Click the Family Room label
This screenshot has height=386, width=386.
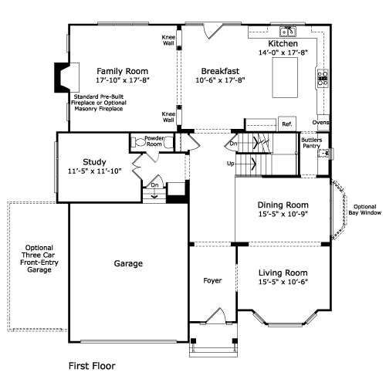click(x=123, y=71)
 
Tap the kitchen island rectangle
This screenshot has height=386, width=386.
click(x=285, y=77)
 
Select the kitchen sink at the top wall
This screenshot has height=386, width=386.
click(x=288, y=32)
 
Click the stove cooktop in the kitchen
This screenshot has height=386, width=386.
click(x=323, y=78)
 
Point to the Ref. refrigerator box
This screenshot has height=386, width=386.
click(x=287, y=124)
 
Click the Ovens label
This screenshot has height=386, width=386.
click(x=320, y=122)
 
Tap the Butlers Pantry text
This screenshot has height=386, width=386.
click(x=312, y=143)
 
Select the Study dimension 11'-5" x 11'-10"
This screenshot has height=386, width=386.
click(x=95, y=171)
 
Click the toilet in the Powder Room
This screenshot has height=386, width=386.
click(x=138, y=142)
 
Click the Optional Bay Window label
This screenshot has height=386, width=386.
click(x=365, y=210)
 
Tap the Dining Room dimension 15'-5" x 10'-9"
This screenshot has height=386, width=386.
click(x=283, y=214)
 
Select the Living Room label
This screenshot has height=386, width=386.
click(x=283, y=273)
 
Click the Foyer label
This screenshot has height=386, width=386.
click(x=212, y=280)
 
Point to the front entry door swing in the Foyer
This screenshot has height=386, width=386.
click(x=217, y=315)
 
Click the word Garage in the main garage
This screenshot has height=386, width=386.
click(x=128, y=263)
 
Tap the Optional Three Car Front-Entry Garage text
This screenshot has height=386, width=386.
click(x=39, y=259)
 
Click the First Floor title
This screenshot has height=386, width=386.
click(x=92, y=366)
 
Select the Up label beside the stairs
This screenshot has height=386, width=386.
click(x=230, y=164)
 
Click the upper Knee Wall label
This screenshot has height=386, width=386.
click(x=168, y=40)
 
